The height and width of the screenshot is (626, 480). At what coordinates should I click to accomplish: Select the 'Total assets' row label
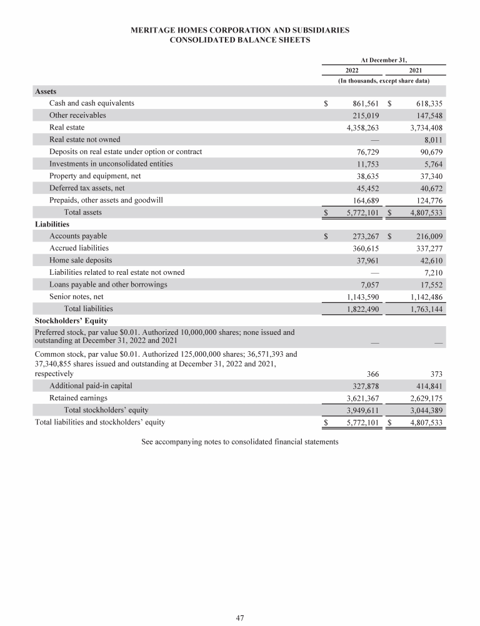coord(83,212)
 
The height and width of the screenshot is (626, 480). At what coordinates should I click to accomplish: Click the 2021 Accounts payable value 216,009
coord(424,237)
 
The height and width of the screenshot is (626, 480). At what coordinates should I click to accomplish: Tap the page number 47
coord(239,618)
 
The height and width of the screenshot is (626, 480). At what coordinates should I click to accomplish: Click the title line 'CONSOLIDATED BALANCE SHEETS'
coord(240,39)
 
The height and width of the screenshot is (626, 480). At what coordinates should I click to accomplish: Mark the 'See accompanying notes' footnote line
coord(240,441)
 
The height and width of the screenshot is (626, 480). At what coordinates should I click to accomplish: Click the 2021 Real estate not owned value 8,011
coord(432,140)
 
